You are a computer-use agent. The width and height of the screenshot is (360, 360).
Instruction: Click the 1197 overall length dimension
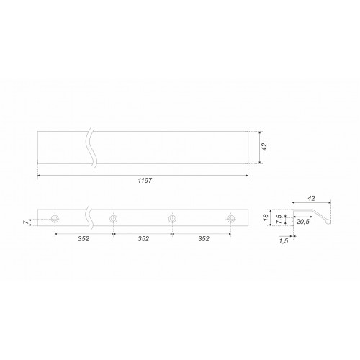point(145,181)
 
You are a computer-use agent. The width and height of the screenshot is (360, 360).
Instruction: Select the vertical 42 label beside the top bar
point(264,147)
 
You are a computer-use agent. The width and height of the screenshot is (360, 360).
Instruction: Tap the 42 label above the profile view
point(311,199)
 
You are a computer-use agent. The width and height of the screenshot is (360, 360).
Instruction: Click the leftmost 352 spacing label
point(84,239)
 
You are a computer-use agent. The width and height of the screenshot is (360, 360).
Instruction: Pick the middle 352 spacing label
point(143,239)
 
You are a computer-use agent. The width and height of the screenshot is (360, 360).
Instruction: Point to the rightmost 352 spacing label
point(204,239)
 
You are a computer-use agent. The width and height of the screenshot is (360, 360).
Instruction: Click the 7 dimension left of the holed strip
point(26,222)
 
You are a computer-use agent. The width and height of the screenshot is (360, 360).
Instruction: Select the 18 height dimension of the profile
point(266,217)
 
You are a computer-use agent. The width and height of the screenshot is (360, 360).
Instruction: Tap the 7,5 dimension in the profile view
point(279,219)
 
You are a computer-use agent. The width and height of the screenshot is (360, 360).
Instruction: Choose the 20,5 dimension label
point(302,222)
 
